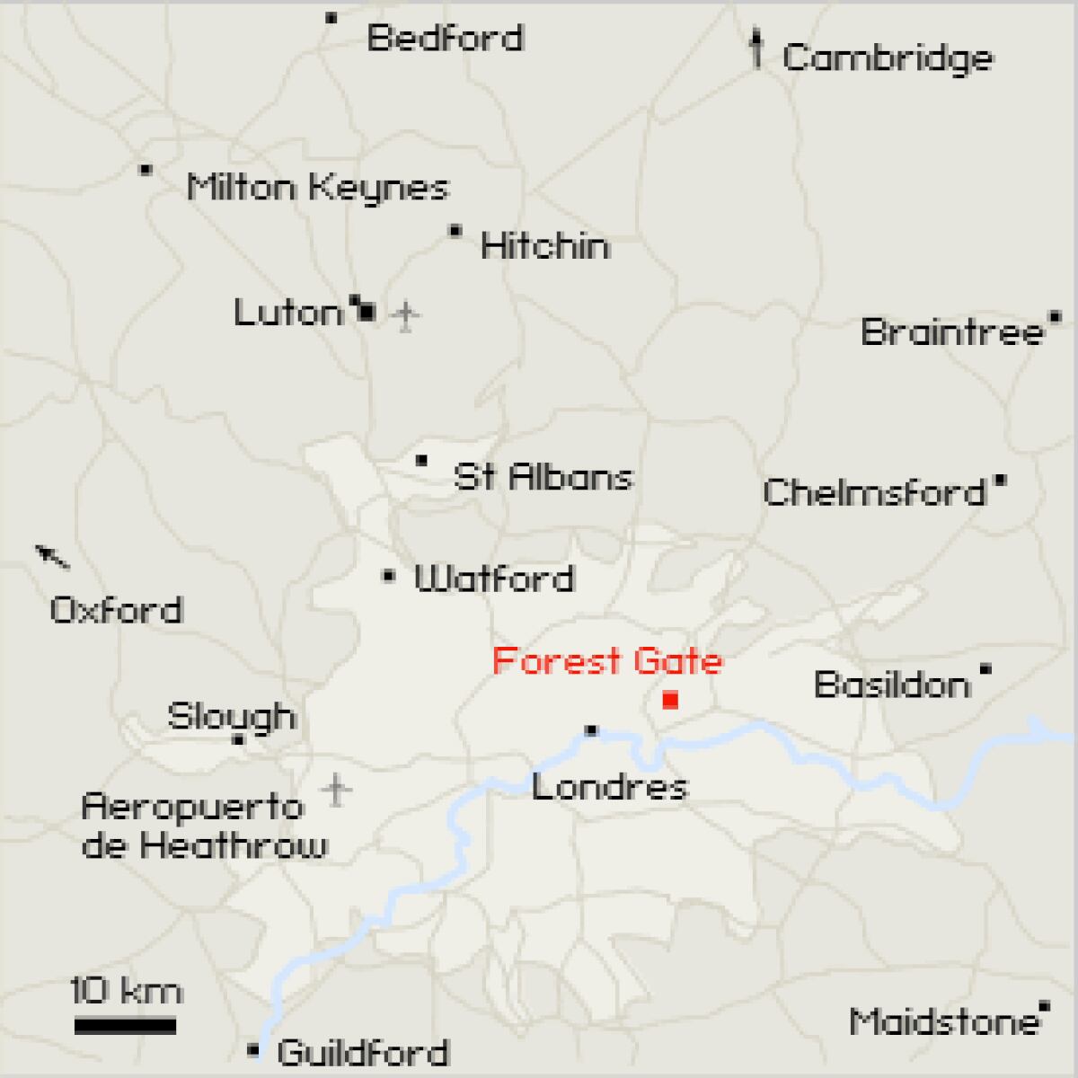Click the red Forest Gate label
click(x=607, y=662)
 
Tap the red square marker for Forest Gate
click(x=669, y=700)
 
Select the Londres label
click(x=609, y=788)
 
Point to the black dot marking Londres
click(x=591, y=730)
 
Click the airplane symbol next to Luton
click(x=407, y=315)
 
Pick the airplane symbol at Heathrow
click(x=336, y=790)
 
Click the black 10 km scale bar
click(x=125, y=1025)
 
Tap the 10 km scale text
click(x=127, y=991)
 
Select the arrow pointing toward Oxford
click(x=52, y=557)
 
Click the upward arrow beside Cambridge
click(x=757, y=49)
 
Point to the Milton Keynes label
click(x=317, y=188)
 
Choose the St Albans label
click(x=543, y=476)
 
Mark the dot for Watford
click(x=389, y=576)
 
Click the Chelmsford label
click(x=874, y=492)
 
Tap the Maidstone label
click(x=943, y=1022)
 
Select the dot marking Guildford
click(x=253, y=1049)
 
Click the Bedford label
click(x=445, y=39)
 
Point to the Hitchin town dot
click(x=455, y=232)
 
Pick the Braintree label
click(x=952, y=332)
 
